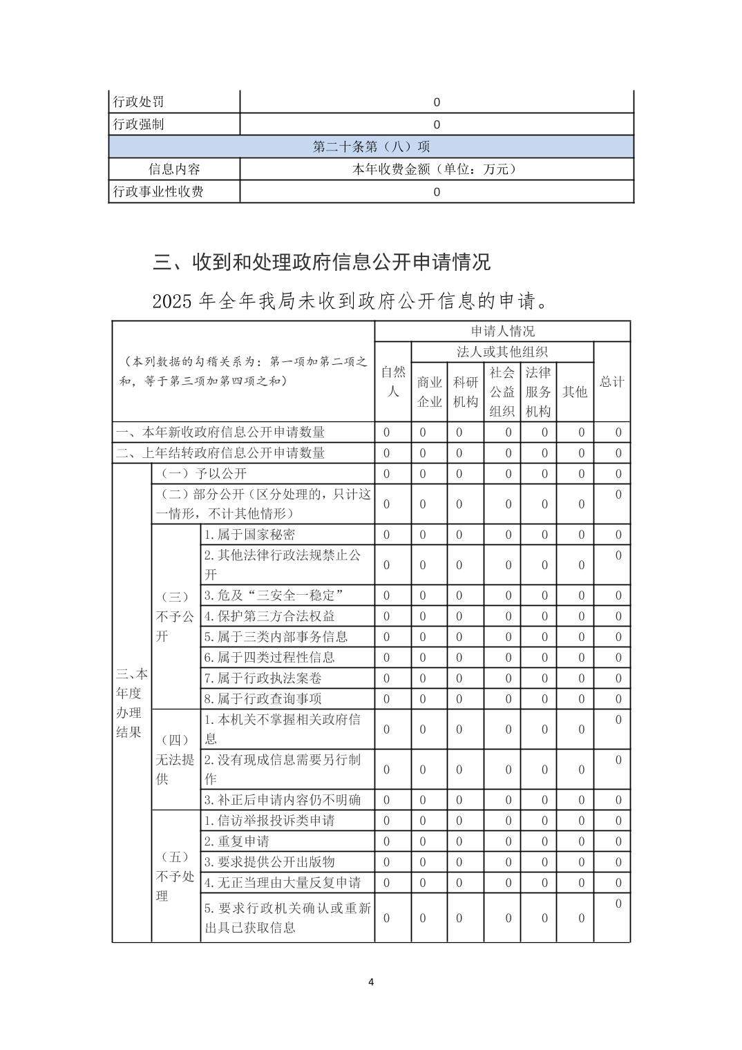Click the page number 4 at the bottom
(x=371, y=982)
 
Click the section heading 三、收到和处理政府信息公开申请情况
(x=321, y=262)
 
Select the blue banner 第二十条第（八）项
(x=371, y=146)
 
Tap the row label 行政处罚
(x=139, y=102)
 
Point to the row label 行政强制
(x=139, y=124)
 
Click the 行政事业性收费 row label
(x=158, y=191)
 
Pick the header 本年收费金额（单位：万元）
(x=436, y=169)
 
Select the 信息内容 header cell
(x=174, y=169)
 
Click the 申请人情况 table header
(x=502, y=331)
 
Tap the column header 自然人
(x=392, y=381)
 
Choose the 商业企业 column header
(x=429, y=392)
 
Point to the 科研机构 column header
(x=465, y=392)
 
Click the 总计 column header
(x=611, y=381)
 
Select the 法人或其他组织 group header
(x=502, y=352)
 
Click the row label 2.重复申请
(x=236, y=841)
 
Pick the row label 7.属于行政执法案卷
(x=263, y=678)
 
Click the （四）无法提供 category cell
(x=175, y=759)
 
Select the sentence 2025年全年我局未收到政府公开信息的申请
(x=351, y=302)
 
